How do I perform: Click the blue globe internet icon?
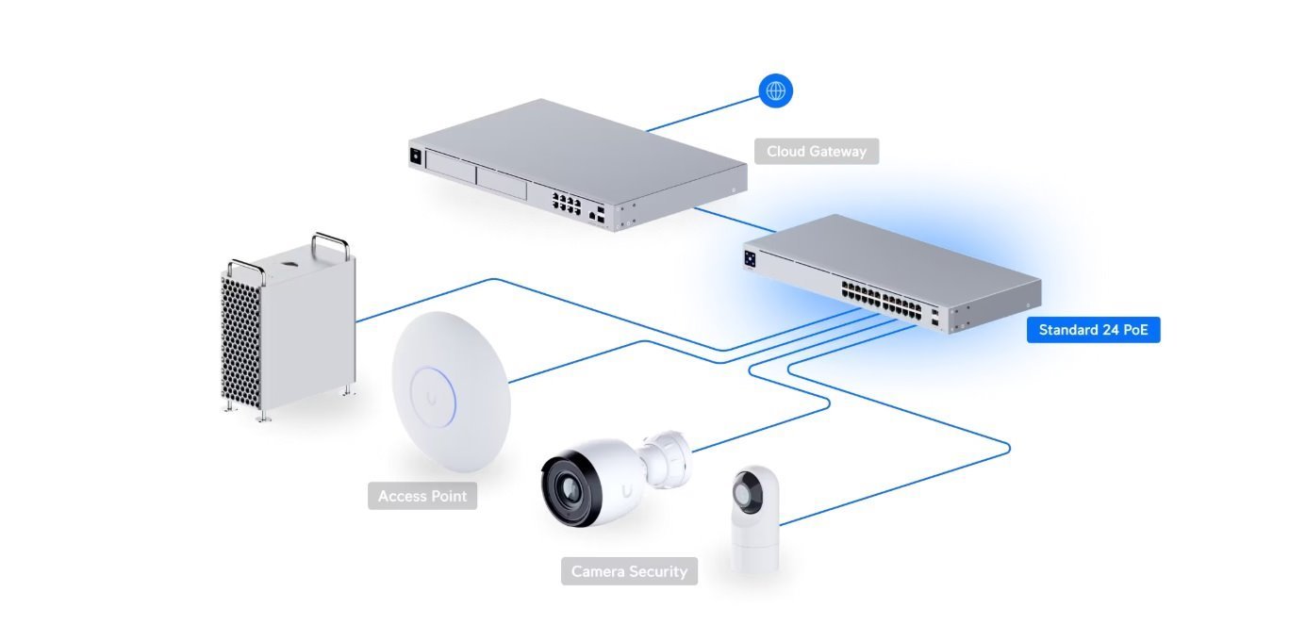tap(776, 90)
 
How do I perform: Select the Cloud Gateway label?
tap(816, 151)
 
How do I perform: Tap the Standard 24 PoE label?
tap(1093, 330)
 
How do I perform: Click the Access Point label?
tap(422, 496)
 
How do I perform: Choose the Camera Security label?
tap(629, 571)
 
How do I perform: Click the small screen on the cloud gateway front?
tap(413, 156)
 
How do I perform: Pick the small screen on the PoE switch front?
tap(751, 256)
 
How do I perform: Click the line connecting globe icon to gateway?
tap(703, 111)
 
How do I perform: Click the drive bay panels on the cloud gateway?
tap(475, 176)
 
